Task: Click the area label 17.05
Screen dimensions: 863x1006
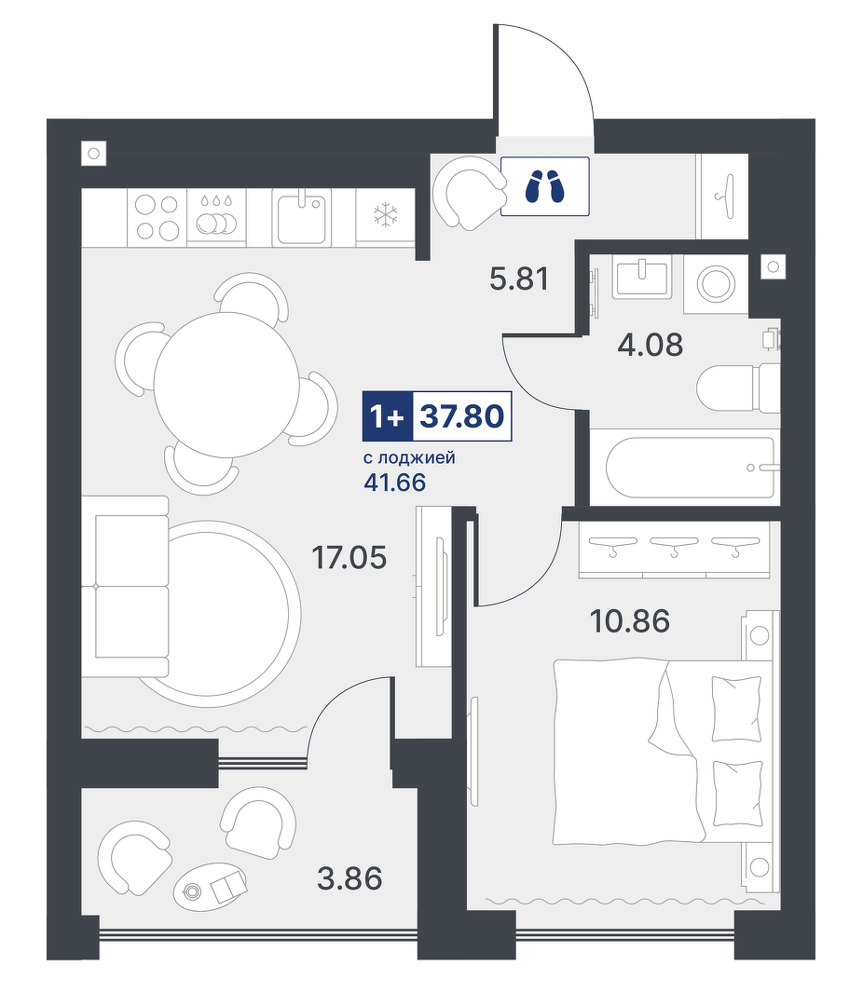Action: coord(349,557)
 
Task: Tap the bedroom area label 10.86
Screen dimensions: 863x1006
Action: coord(629,621)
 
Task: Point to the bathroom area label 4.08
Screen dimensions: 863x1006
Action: coord(650,345)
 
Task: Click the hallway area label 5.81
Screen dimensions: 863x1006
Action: coord(519,279)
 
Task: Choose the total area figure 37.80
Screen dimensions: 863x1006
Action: coord(461,415)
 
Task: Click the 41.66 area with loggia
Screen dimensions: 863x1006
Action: coord(394,482)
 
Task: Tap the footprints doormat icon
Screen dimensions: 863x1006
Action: coord(544,186)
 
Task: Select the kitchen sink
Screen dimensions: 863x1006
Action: coord(301,217)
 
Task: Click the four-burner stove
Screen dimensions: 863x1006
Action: coord(158,217)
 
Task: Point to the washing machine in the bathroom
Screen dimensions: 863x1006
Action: coord(716,283)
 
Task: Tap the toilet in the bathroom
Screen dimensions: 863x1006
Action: coord(738,388)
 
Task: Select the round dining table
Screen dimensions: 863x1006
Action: coord(226,385)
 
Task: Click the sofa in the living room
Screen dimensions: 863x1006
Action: coord(131,587)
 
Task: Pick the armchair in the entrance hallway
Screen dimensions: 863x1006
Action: coord(468,193)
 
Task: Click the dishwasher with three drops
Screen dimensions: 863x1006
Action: coord(216,217)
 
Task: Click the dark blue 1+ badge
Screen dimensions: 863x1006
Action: coord(387,415)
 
